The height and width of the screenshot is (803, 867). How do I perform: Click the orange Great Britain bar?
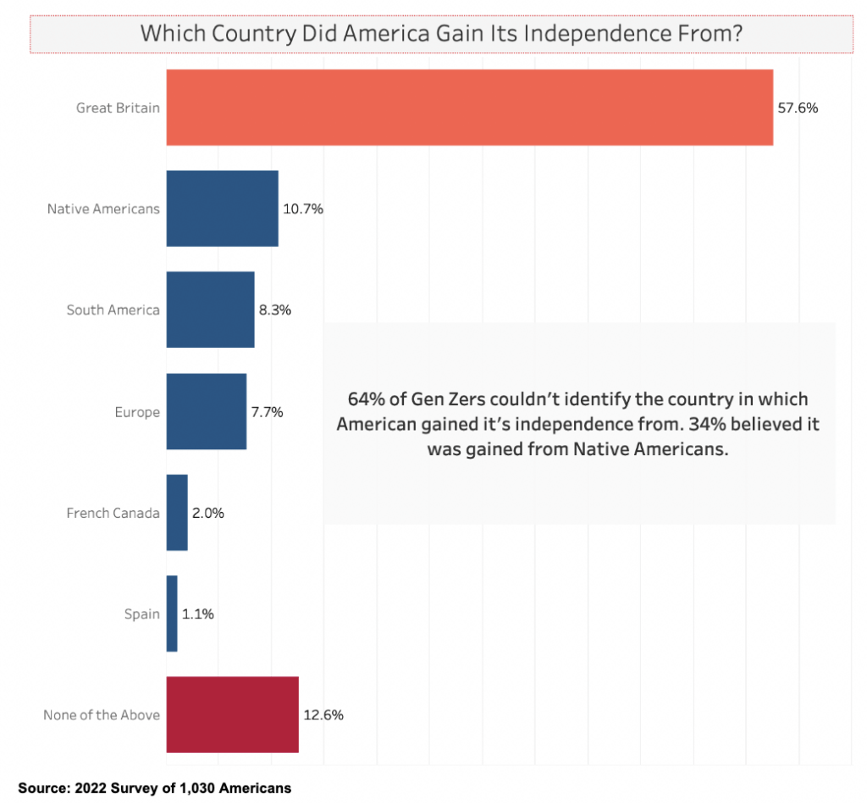click(x=469, y=107)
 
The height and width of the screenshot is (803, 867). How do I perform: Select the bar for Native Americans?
click(x=222, y=208)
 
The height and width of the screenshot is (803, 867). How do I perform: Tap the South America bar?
click(x=210, y=310)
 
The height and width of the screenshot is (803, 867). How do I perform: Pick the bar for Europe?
click(x=206, y=411)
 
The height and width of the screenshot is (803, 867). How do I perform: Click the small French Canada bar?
click(x=177, y=513)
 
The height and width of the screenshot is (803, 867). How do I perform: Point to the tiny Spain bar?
click(x=172, y=613)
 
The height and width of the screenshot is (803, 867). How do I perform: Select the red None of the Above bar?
click(x=232, y=715)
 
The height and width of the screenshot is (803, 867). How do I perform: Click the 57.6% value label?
click(x=798, y=108)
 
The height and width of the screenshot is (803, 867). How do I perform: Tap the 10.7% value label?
click(x=303, y=209)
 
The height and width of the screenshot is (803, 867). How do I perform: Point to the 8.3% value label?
click(x=275, y=311)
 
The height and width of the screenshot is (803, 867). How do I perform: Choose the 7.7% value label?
click(x=267, y=412)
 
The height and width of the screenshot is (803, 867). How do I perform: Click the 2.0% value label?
click(x=207, y=513)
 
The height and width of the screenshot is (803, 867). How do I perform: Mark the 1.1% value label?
click(x=197, y=614)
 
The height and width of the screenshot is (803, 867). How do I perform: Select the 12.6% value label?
click(x=323, y=716)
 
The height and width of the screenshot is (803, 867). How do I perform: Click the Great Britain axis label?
click(x=118, y=108)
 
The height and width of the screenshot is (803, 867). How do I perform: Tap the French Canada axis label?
click(x=113, y=513)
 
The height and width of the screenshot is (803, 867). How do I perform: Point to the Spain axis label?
click(x=141, y=614)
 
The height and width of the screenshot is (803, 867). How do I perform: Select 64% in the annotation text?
click(x=363, y=399)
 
